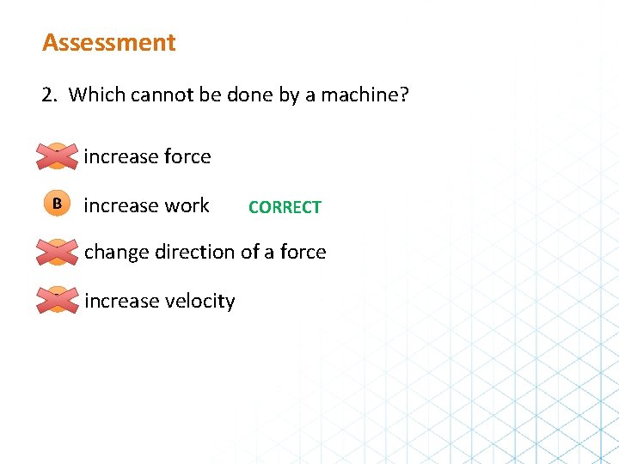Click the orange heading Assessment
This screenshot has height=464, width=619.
point(109,42)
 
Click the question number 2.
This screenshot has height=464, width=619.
point(48,94)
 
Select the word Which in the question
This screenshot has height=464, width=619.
point(96,94)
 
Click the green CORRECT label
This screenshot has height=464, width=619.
point(285,207)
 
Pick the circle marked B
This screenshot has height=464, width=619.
point(57,205)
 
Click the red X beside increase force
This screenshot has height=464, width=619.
point(57,156)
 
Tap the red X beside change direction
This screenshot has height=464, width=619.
point(57,252)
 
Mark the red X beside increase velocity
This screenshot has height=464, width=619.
point(57,300)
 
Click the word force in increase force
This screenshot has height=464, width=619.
point(187,156)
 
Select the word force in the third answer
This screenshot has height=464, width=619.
point(303,252)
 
